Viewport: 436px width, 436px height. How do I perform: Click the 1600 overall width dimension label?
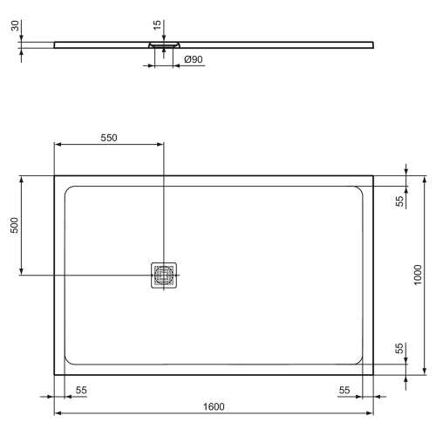click(214, 406)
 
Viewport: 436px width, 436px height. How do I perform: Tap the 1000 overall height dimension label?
click(418, 275)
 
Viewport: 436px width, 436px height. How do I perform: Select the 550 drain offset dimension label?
click(109, 138)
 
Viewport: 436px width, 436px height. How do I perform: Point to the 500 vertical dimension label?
click(14, 225)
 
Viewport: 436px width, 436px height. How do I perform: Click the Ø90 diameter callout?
click(194, 59)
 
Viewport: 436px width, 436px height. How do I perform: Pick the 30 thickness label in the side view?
click(15, 25)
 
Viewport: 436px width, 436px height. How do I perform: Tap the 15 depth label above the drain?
click(157, 25)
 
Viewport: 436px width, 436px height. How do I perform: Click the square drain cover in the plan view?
click(164, 276)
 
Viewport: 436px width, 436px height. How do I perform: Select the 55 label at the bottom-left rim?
click(81, 391)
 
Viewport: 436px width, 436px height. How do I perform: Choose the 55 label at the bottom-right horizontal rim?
click(344, 391)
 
